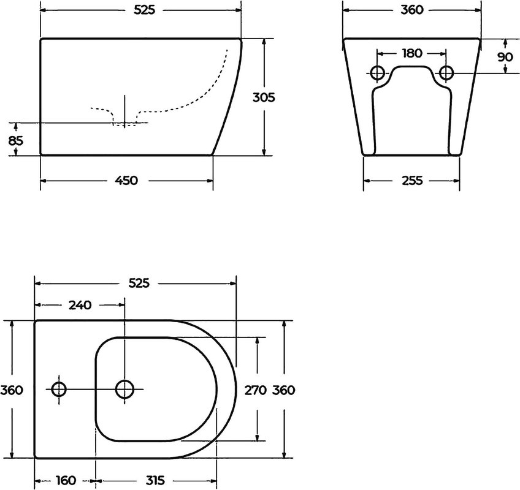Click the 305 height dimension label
pos(264,97)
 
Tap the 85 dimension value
pos(15,141)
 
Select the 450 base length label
pos(126,181)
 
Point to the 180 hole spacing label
pos(411,53)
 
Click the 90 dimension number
pos(505,57)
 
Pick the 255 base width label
pos(412,181)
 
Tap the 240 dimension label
pos(80,305)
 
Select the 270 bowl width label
pos(255,390)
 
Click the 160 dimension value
pos(66,480)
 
